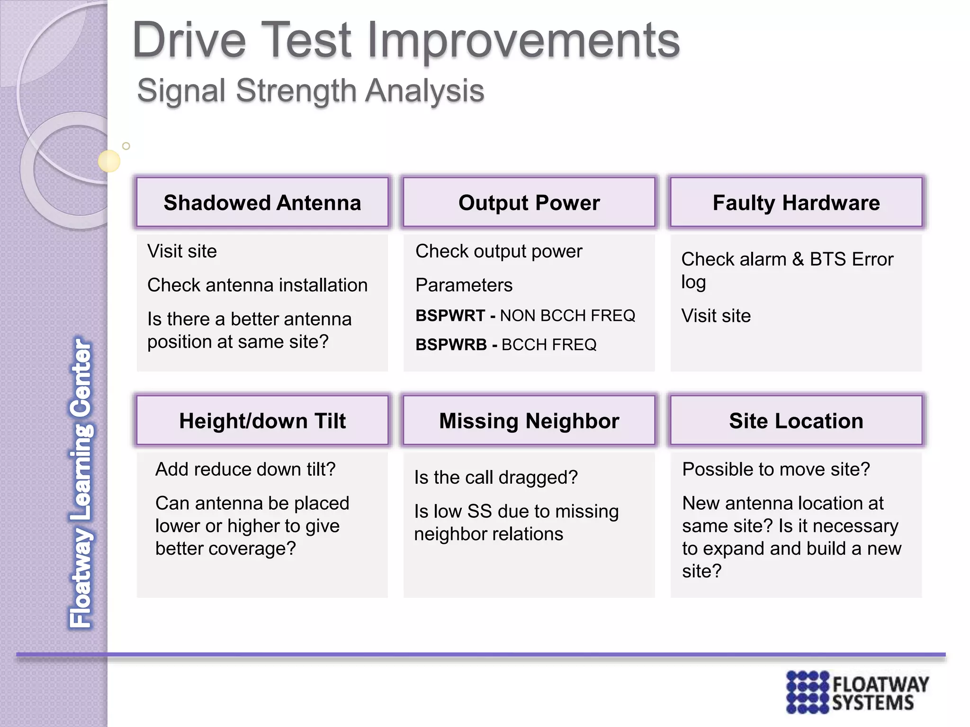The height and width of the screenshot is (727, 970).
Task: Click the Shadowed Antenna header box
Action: click(262, 203)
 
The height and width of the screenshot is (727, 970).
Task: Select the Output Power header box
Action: click(529, 203)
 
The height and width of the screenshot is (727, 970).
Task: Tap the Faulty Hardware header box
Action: click(796, 203)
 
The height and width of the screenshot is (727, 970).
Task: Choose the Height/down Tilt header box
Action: click(262, 421)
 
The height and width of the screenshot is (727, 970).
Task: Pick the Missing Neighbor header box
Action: click(529, 421)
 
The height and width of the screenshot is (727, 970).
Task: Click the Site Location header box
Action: click(796, 421)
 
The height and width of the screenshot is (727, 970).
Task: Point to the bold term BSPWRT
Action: click(450, 316)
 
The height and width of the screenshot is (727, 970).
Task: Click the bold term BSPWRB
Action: click(451, 345)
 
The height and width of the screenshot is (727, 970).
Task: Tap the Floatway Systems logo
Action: click(857, 692)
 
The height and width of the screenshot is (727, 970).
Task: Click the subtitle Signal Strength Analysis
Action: click(310, 90)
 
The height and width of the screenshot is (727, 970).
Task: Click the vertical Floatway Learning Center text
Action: click(81, 483)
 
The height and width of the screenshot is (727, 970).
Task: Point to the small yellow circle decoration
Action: click(109, 161)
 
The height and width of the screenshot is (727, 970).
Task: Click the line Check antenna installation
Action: click(257, 285)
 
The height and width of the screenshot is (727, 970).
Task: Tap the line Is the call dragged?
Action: click(495, 478)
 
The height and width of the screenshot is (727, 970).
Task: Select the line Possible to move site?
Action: click(776, 470)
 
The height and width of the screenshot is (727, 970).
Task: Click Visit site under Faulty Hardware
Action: click(716, 316)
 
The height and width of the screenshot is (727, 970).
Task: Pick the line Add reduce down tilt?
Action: click(245, 470)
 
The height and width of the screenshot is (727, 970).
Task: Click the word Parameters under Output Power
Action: click(464, 285)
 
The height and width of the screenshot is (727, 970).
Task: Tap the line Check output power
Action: click(498, 251)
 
